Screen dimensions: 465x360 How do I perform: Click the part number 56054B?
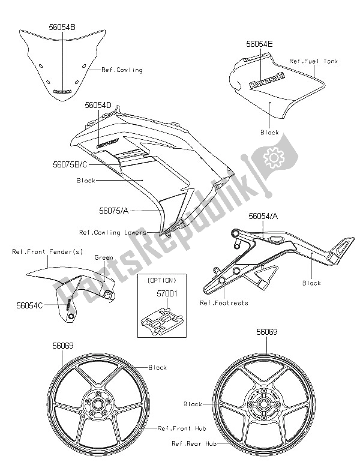pos(62,26)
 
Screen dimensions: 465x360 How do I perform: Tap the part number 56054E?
pos(260,44)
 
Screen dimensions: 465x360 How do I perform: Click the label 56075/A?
pos(114,211)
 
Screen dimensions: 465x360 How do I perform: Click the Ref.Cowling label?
pos(122,70)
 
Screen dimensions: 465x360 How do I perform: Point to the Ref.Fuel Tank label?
pos(313,61)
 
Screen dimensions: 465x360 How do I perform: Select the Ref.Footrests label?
pos(225,302)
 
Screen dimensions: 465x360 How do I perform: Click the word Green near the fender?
pos(104,258)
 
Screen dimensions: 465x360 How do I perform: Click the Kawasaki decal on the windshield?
pos(62,91)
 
